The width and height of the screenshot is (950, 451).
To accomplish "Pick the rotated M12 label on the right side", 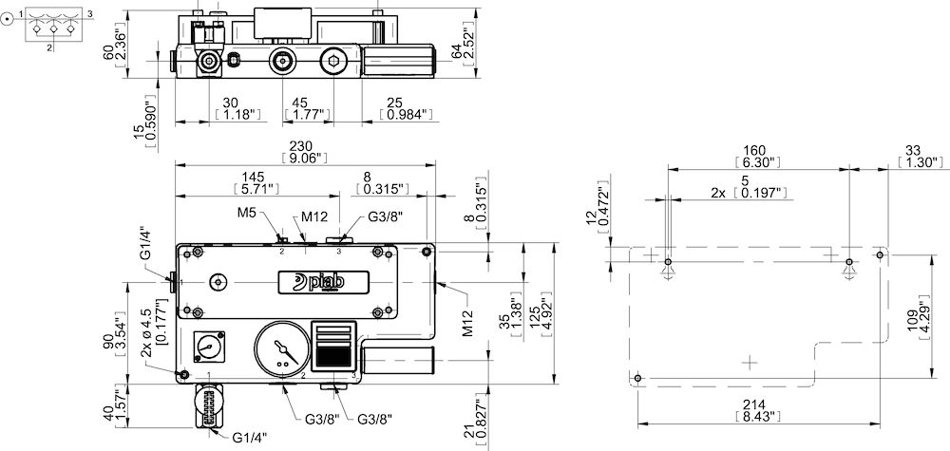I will pos(468,324).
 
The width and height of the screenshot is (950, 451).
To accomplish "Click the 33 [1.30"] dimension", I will pos(918,156).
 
